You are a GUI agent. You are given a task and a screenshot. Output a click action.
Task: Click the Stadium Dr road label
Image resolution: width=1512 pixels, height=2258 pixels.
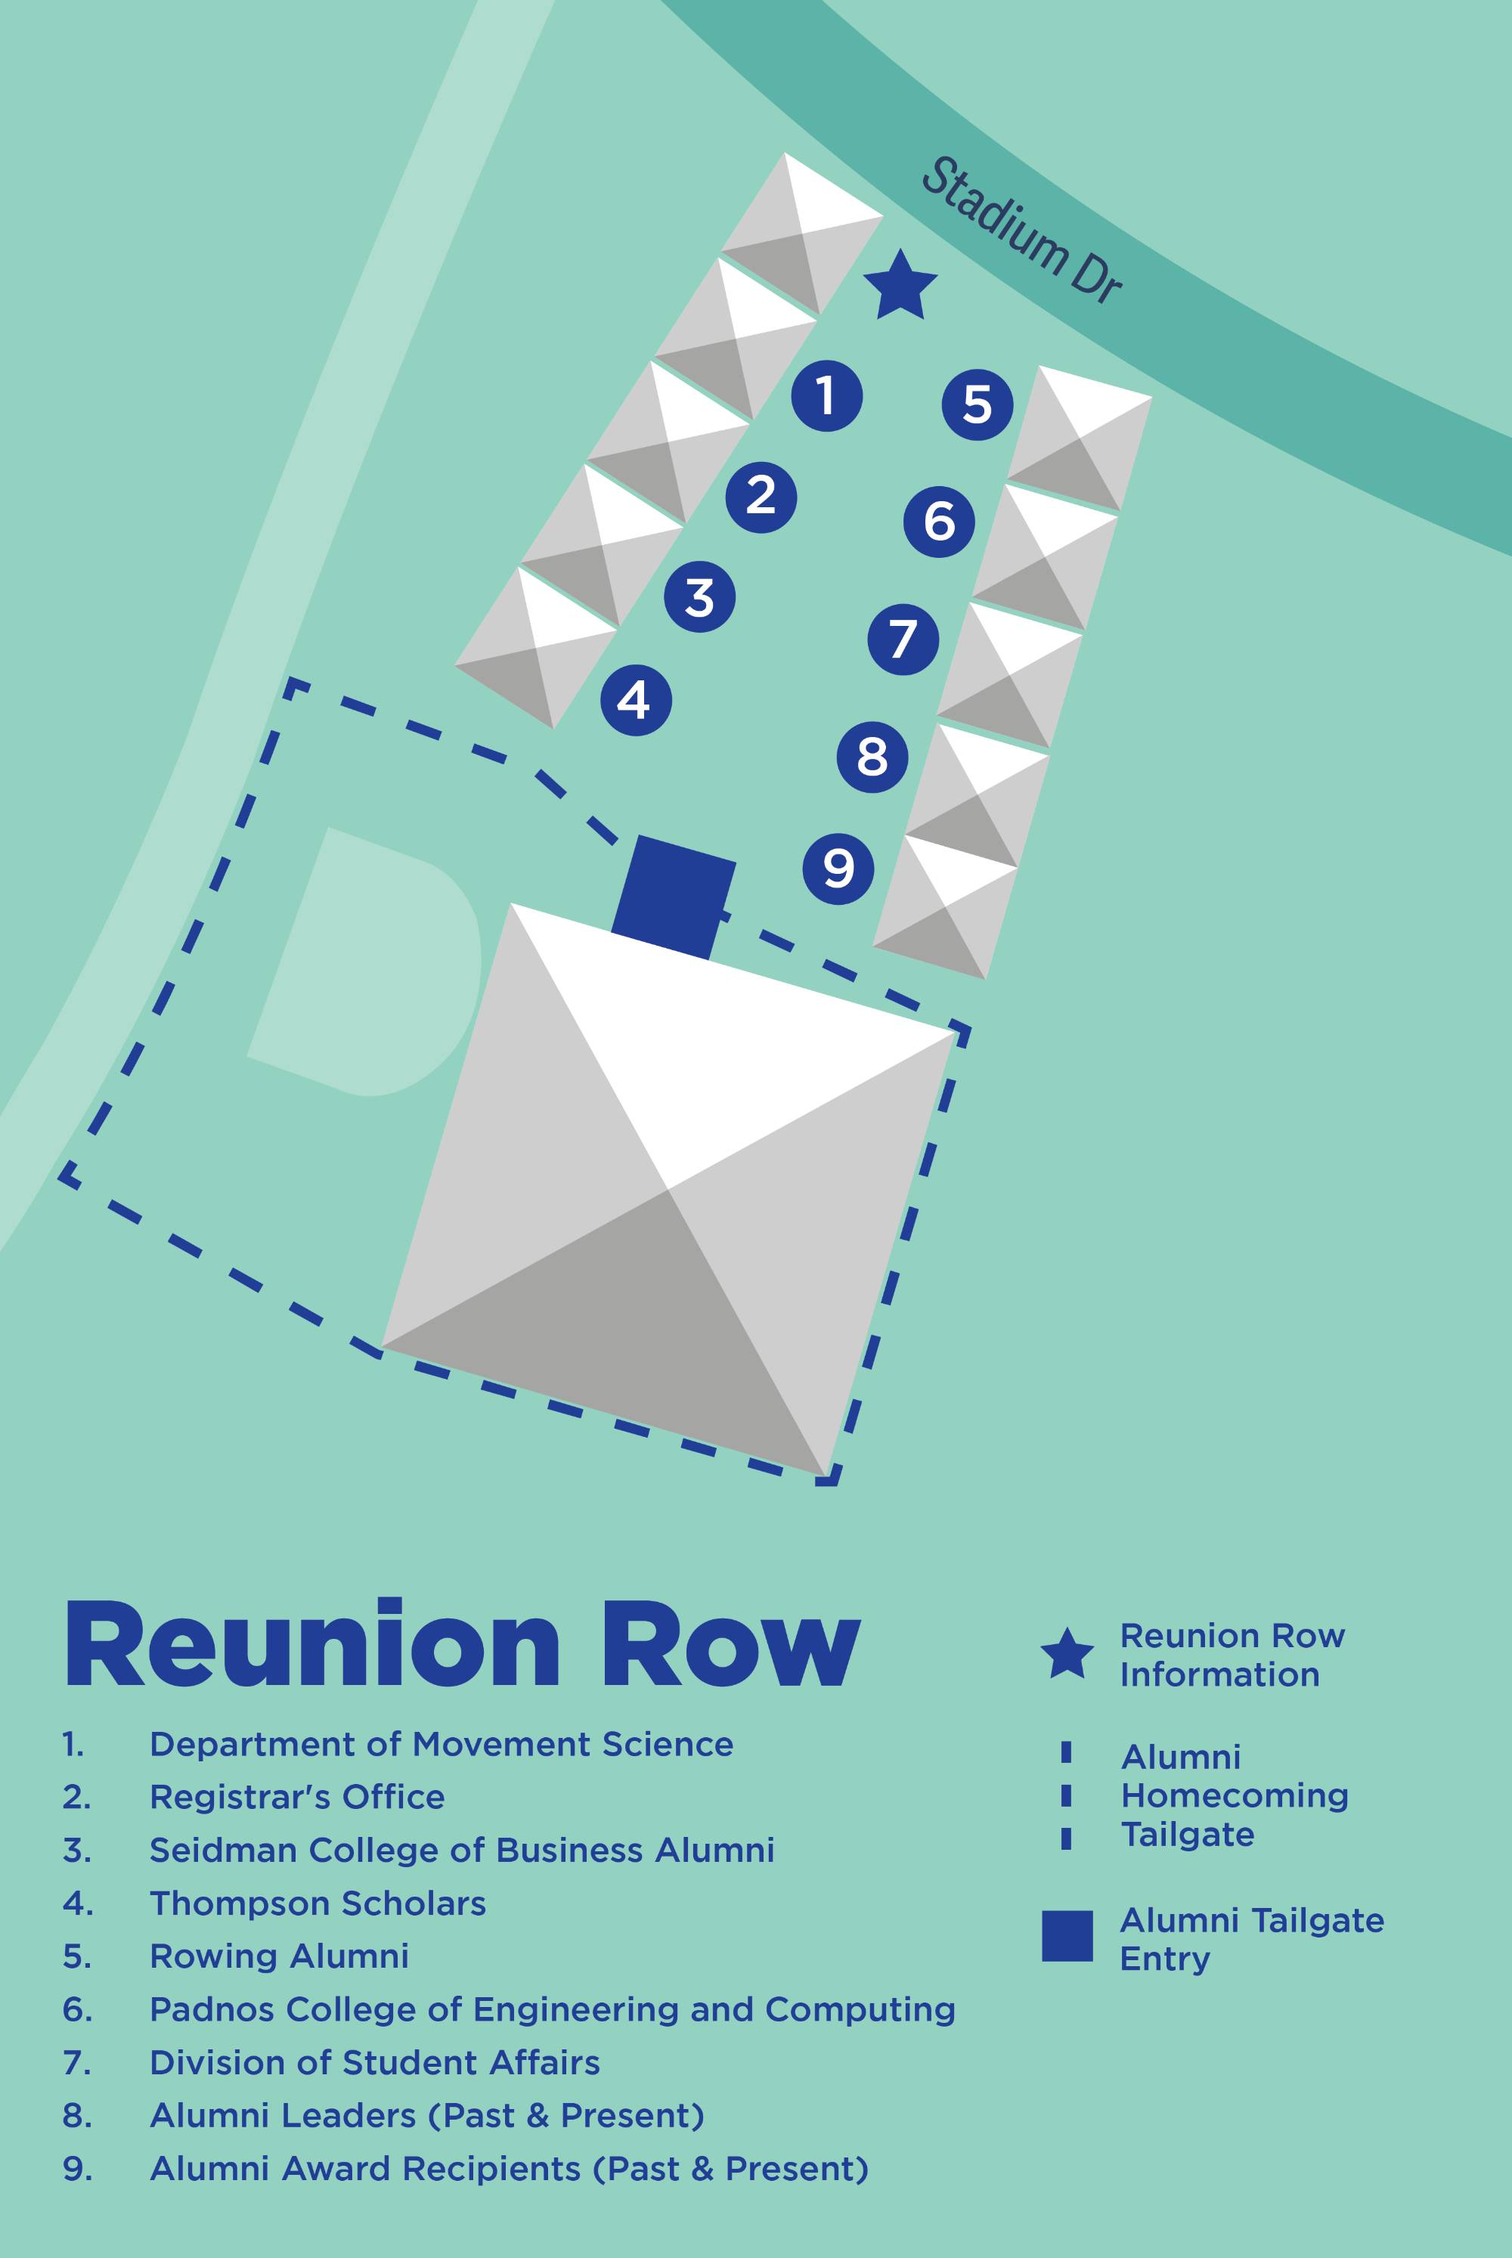click(x=1021, y=231)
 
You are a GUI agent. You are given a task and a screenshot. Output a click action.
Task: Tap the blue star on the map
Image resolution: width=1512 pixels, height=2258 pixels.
click(x=900, y=287)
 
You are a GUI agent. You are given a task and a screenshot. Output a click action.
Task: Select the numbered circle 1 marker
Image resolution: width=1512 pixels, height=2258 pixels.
click(x=826, y=395)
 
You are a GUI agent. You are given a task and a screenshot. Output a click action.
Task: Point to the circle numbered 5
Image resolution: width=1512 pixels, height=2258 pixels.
click(x=977, y=404)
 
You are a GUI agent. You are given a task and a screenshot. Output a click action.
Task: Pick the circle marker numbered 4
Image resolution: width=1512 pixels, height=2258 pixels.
click(x=636, y=700)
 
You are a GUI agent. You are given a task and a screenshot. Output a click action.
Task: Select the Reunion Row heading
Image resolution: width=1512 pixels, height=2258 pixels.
click(x=462, y=1646)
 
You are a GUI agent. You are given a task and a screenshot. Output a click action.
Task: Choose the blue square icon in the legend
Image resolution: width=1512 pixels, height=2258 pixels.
click(x=1067, y=1936)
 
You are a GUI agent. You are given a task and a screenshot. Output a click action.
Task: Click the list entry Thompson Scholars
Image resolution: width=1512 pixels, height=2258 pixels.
click(x=318, y=1903)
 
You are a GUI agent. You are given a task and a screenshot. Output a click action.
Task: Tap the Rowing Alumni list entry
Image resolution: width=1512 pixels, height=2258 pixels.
click(x=279, y=1956)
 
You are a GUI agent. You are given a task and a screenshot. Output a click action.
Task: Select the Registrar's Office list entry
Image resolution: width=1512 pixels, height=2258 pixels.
click(x=297, y=1797)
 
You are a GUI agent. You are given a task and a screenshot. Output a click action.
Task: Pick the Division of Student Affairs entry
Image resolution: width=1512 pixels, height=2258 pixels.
click(x=374, y=2062)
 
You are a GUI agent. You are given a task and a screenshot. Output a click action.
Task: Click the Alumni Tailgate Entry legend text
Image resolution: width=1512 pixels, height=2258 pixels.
click(x=1250, y=1939)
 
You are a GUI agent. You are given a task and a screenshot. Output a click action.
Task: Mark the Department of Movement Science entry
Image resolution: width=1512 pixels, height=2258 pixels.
click(x=441, y=1744)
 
